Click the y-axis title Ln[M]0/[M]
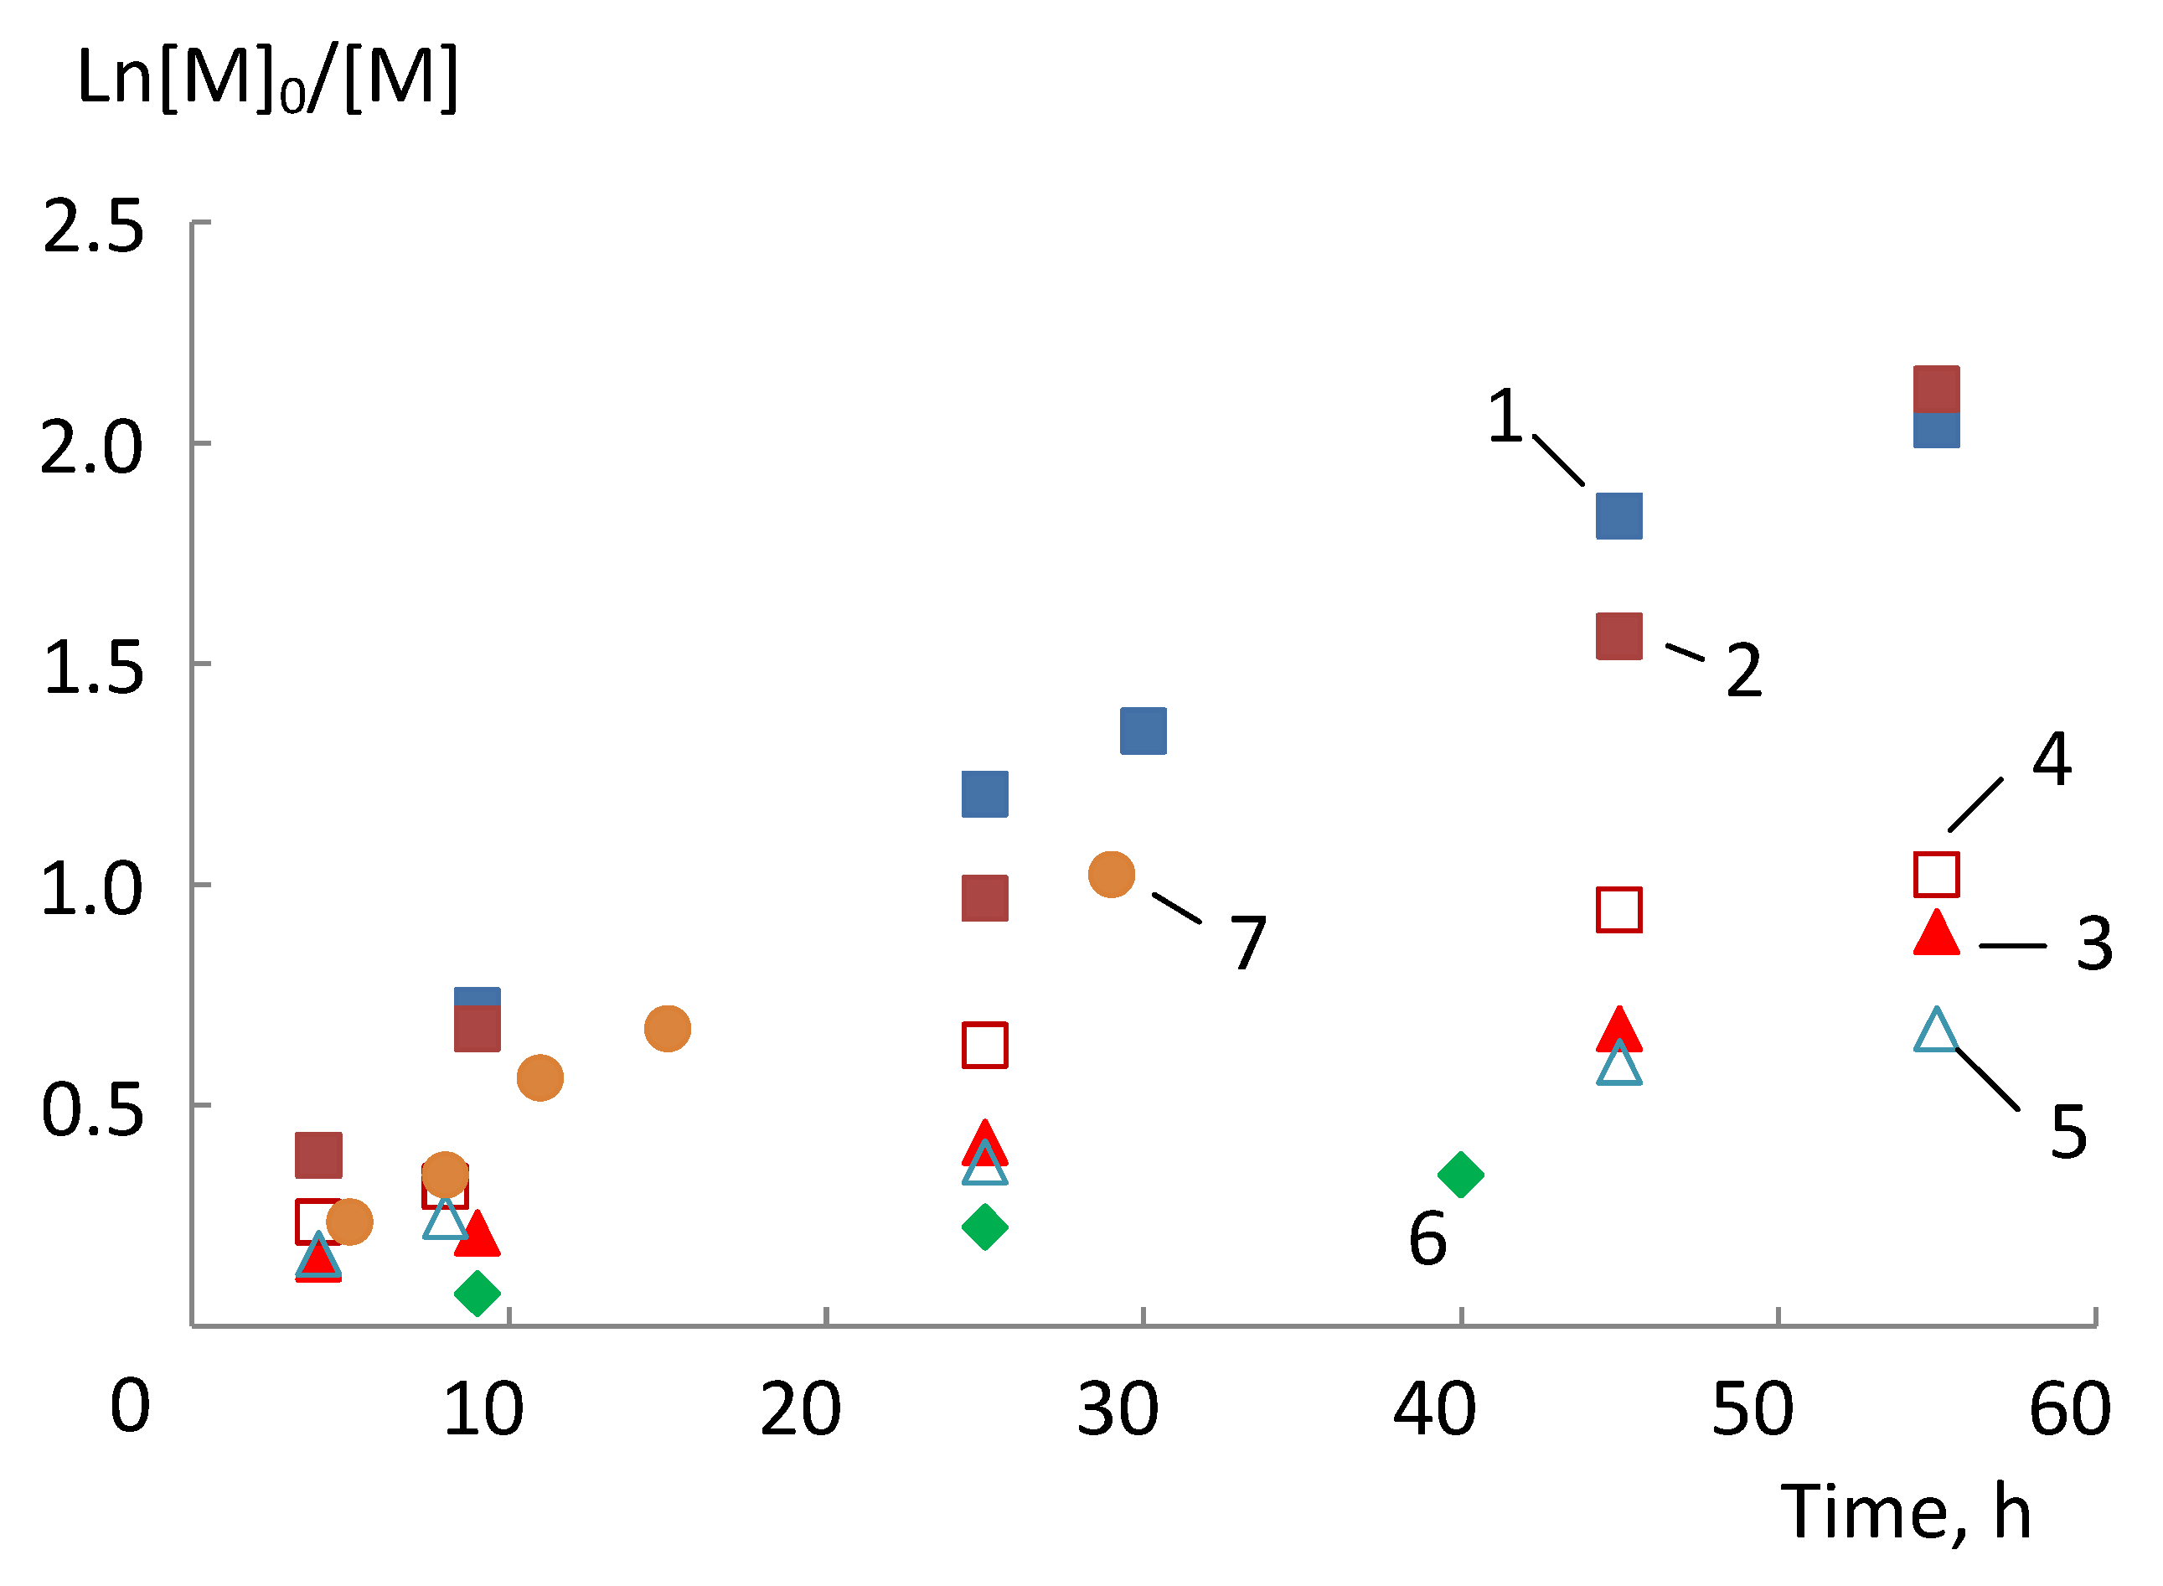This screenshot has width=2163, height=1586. (267, 79)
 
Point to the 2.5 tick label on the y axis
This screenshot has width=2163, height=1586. (93, 229)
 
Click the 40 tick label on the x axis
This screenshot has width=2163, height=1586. (1434, 1410)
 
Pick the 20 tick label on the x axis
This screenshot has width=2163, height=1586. (800, 1410)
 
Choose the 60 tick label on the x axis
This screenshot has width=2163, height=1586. (2069, 1410)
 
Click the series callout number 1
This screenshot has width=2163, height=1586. (1505, 416)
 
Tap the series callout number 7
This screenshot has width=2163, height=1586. (1248, 943)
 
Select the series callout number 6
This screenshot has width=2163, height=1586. (1427, 1239)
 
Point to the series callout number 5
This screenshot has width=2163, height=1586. (2068, 1134)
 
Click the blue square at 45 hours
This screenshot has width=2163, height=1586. (1618, 516)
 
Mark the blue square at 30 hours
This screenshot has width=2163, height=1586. (1143, 731)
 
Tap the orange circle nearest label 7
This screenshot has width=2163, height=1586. (1111, 875)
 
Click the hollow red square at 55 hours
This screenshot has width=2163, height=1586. (1935, 875)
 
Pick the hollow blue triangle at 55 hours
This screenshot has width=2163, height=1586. (1935, 1033)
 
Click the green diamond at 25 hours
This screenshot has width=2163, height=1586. (984, 1227)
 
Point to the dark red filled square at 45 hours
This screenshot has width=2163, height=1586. (1618, 637)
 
